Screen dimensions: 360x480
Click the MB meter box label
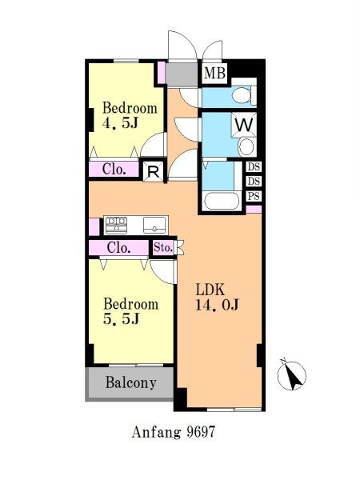(x=215, y=74)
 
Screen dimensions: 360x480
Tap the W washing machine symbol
(x=244, y=125)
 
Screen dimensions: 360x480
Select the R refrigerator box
(x=153, y=172)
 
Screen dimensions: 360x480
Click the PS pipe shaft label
(x=254, y=196)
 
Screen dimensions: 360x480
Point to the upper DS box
(x=254, y=167)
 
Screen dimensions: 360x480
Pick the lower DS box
(x=254, y=182)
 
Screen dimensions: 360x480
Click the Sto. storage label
(x=163, y=247)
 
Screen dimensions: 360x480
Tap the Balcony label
(x=131, y=382)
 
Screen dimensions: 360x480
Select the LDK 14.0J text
(x=217, y=298)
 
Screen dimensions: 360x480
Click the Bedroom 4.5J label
(x=130, y=115)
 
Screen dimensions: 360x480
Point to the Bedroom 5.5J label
(x=130, y=311)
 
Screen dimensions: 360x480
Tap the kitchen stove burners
(x=116, y=225)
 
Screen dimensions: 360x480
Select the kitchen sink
(x=155, y=225)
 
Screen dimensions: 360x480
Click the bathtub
(x=222, y=201)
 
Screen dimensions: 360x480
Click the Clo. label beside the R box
(x=114, y=170)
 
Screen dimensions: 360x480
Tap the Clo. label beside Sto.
(x=119, y=248)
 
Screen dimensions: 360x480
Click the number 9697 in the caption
(x=201, y=432)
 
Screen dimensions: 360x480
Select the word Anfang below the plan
(x=156, y=433)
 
